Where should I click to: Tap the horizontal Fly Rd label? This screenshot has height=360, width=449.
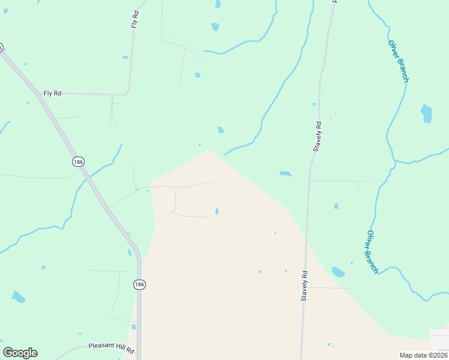[52, 93]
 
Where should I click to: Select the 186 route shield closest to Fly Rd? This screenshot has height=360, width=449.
[77, 161]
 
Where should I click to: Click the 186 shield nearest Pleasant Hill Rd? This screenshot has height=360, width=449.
[139, 284]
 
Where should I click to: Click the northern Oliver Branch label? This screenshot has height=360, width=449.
[399, 61]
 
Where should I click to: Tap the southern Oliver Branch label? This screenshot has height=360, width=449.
[373, 252]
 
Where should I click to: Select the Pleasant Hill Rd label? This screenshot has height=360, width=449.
[112, 346]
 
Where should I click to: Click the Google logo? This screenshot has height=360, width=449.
[20, 353]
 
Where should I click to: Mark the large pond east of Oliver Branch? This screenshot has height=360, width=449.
[426, 113]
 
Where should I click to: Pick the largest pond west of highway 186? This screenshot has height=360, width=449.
[19, 296]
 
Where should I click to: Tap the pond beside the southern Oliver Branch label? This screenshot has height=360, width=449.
[339, 272]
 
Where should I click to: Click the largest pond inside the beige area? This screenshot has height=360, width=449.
[217, 211]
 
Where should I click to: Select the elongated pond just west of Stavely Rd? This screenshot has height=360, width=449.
[286, 174]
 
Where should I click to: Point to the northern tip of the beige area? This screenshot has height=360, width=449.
[209, 151]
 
